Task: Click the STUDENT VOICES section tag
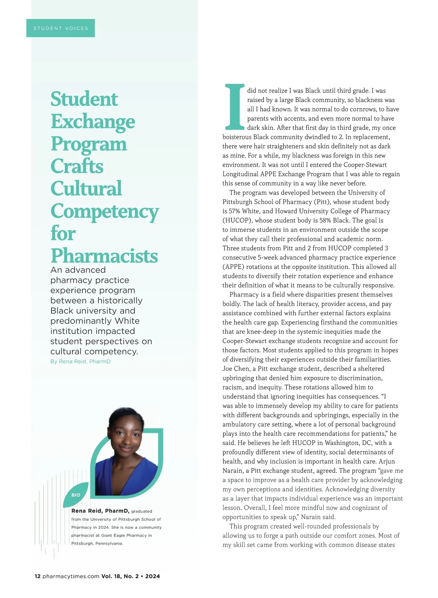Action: tap(61, 28)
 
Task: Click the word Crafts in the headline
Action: tap(77, 166)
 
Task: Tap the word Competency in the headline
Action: tap(105, 211)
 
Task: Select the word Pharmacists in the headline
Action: tap(104, 256)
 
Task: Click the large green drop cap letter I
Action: tap(234, 107)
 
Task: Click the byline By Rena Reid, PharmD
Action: tap(80, 361)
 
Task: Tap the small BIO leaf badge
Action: tap(76, 495)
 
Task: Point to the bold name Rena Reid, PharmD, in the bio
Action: tap(100, 511)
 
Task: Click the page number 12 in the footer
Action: tap(38, 576)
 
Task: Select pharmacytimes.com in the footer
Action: tap(71, 576)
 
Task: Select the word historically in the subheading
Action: tap(120, 300)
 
